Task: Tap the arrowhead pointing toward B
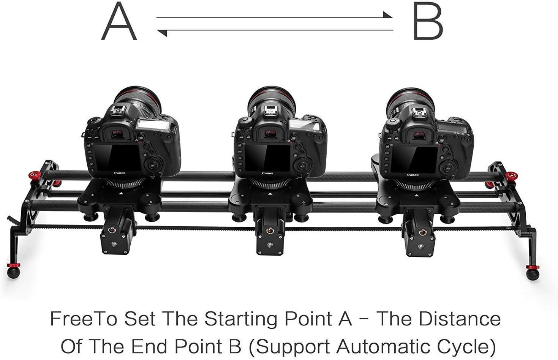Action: [387, 16]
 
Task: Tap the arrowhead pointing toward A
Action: [162, 33]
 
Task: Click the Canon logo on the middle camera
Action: [267, 174]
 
